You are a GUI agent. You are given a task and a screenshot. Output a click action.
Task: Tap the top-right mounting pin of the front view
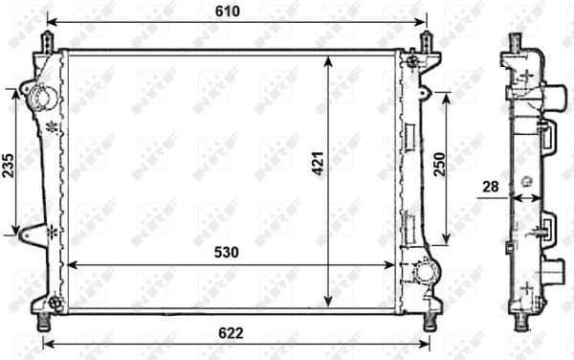click(425, 40)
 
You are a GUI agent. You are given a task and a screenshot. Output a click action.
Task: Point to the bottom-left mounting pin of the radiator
click(44, 321)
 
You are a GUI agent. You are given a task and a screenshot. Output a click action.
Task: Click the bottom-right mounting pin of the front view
click(425, 321)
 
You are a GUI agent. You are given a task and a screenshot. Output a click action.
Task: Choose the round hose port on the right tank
click(421, 274)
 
